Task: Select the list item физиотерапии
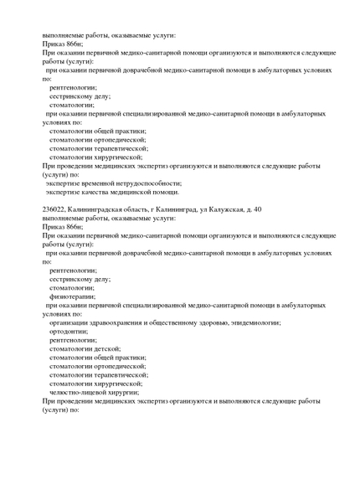pos(72,296)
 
